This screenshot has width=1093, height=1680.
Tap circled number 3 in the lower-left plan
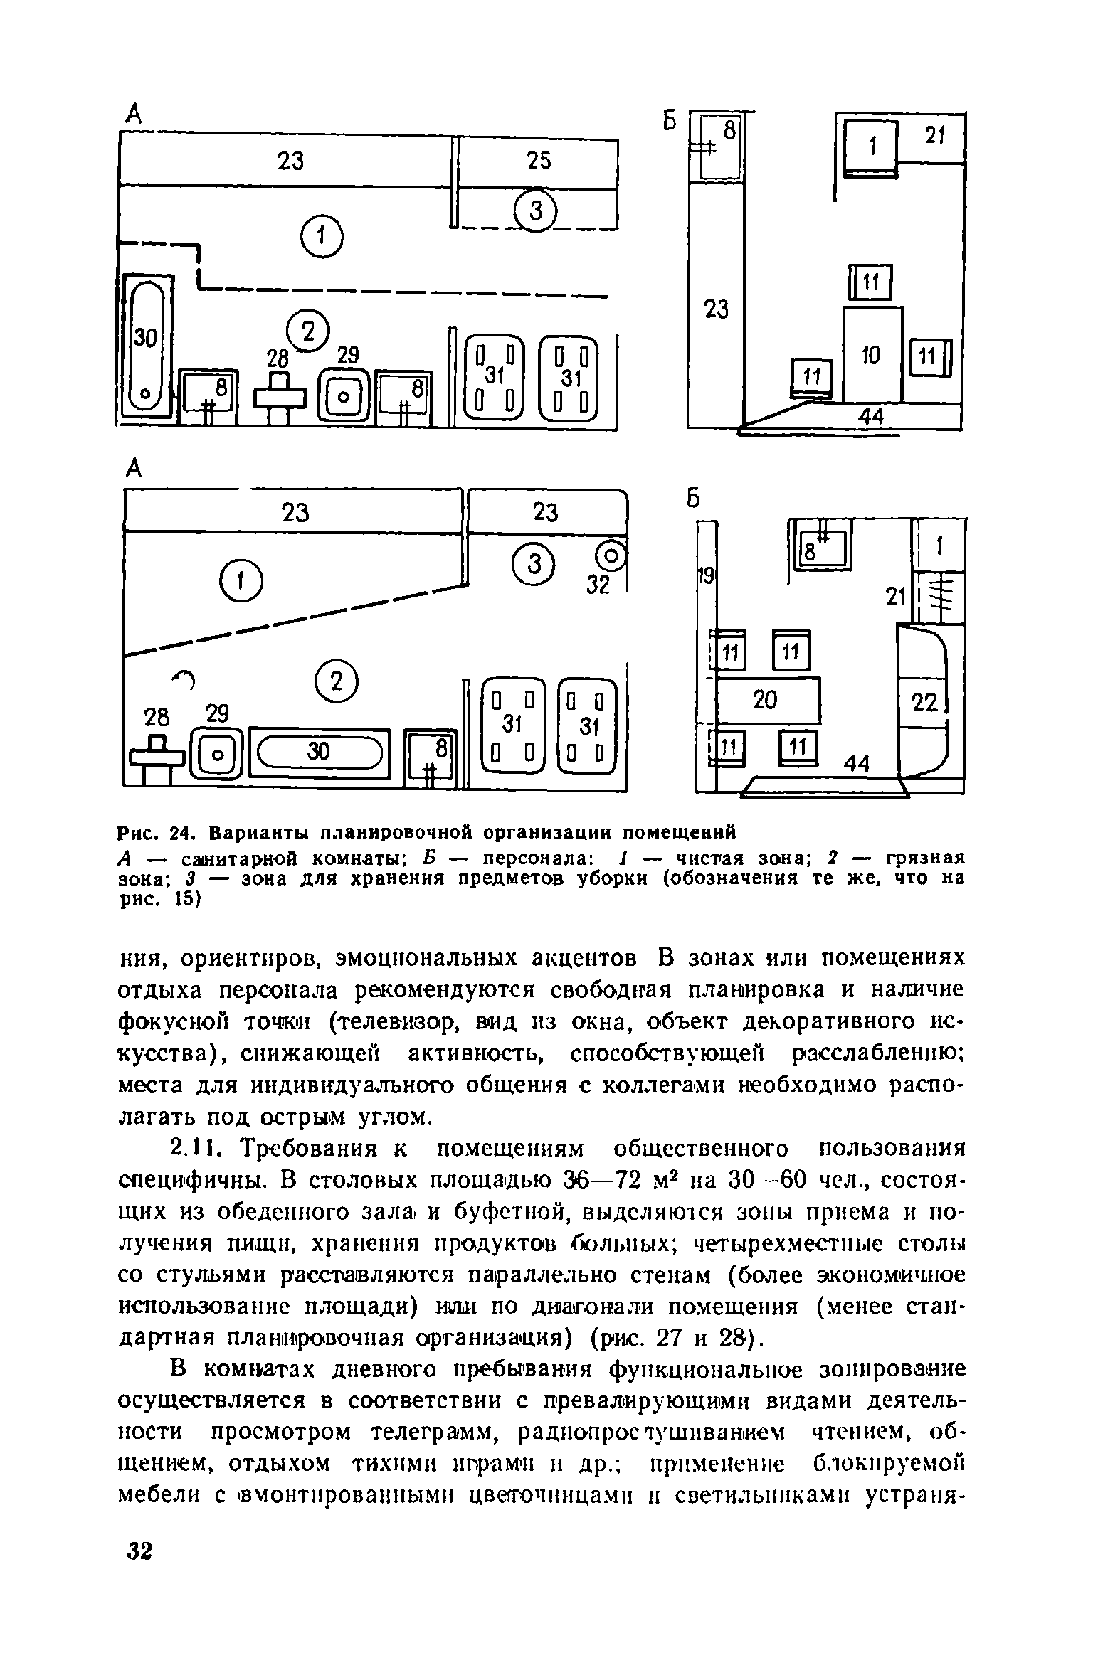coord(536,565)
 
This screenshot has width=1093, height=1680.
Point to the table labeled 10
coord(872,354)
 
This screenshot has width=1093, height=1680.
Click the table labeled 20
coord(766,700)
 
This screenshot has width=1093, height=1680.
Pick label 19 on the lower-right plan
coord(705,575)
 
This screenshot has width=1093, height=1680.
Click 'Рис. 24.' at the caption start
coord(154,831)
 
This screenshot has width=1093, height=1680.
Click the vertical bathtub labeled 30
coord(147,346)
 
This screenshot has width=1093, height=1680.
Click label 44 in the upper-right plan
coord(870,418)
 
